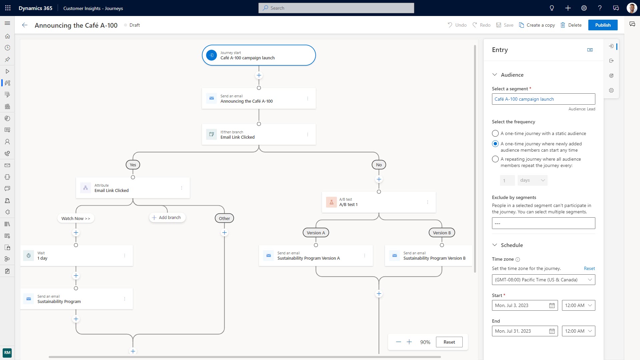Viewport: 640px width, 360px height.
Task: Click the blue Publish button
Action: (603, 25)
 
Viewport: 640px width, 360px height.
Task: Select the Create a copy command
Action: (537, 25)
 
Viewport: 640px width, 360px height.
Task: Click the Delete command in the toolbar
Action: (571, 25)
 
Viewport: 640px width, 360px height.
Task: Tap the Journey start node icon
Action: (211, 55)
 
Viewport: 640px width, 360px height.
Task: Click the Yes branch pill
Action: (133, 165)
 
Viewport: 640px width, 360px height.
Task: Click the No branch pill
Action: (379, 165)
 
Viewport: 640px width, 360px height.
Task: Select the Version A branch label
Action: (316, 233)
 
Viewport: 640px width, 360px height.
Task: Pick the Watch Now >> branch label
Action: (76, 219)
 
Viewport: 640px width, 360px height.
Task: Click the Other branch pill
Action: (224, 219)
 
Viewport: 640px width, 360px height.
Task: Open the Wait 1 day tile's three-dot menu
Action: (125, 256)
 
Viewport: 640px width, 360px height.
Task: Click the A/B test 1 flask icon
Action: (331, 202)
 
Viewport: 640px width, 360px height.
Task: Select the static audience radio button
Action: (495, 133)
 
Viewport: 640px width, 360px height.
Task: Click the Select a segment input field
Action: (543, 99)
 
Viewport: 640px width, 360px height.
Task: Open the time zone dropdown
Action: (543, 280)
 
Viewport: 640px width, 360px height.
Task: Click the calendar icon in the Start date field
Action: (552, 305)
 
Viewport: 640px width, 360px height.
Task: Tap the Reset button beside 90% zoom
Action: (449, 342)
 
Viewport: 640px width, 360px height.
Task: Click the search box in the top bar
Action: (336, 8)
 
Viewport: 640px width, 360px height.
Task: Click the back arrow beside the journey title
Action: (25, 25)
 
